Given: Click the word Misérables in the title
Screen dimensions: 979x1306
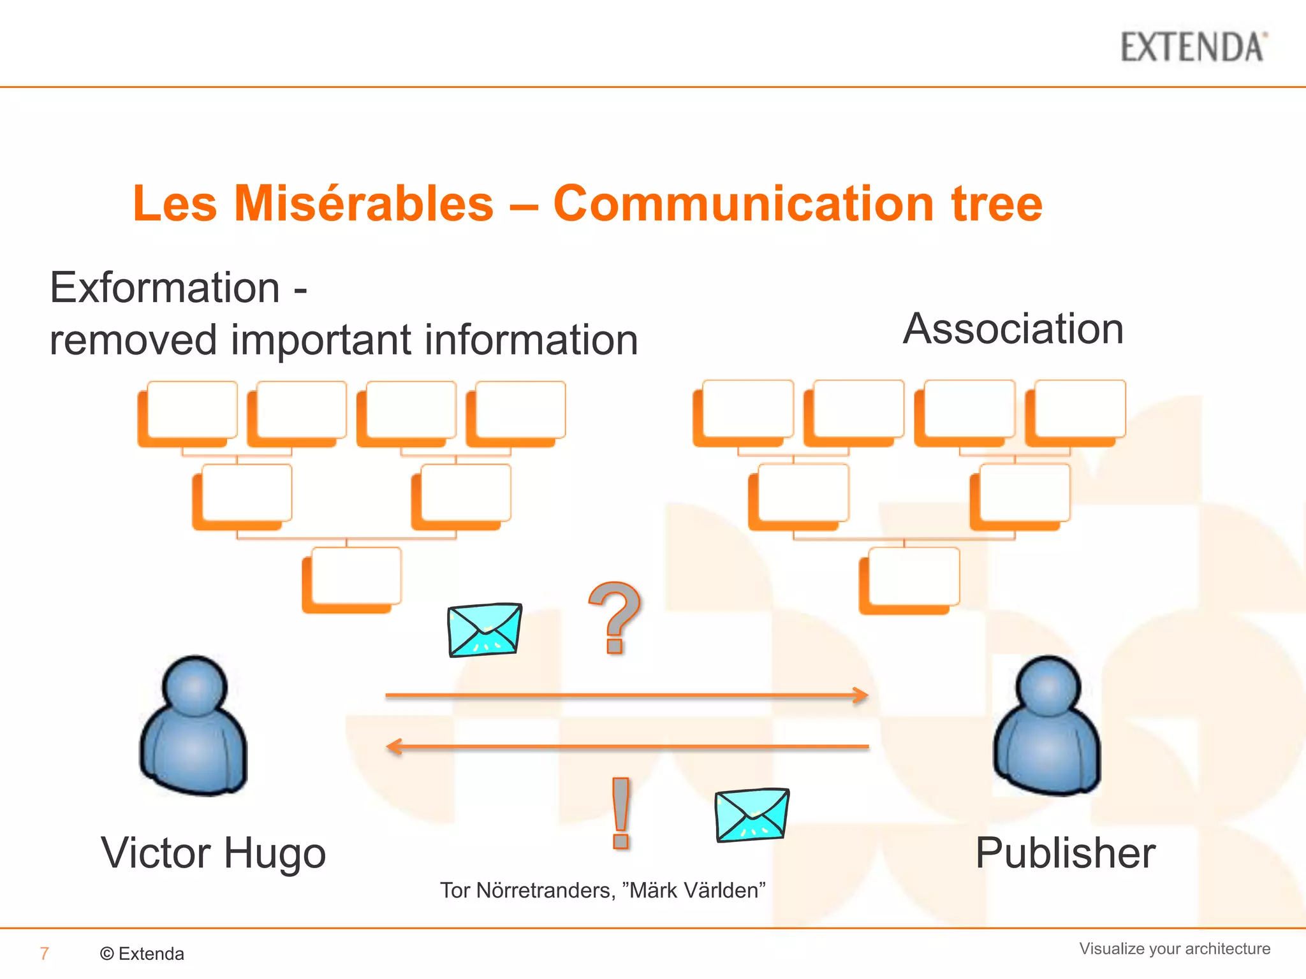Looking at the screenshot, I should [363, 203].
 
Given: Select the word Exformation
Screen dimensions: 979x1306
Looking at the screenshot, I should [165, 287].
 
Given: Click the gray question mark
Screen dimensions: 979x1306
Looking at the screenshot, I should [614, 617].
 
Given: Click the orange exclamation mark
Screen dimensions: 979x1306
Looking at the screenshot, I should [620, 813].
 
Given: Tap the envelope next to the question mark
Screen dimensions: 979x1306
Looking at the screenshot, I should [485, 630].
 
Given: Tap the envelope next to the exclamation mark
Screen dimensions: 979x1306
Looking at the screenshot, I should [752, 815].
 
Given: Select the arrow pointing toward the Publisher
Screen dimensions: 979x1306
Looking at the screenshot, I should [626, 695].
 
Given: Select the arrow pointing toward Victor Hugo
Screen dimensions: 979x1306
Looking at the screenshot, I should [626, 746].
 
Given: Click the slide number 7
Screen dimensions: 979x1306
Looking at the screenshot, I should [44, 954].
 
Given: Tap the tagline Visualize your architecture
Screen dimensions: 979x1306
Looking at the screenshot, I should [1174, 948].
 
